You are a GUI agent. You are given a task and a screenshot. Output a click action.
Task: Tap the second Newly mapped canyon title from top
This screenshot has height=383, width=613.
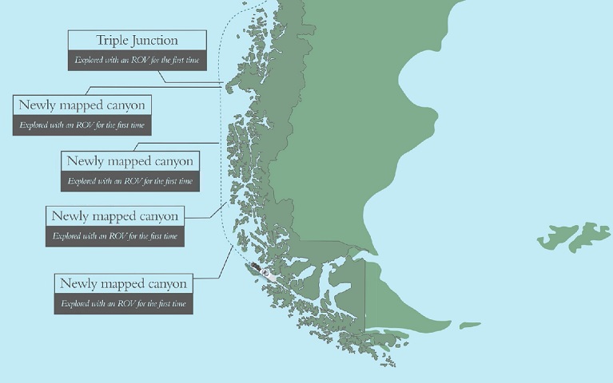tap(129, 160)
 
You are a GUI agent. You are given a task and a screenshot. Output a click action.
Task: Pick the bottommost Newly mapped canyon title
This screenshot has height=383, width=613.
tap(123, 283)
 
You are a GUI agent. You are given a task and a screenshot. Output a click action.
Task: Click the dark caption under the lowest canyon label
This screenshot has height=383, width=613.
tap(123, 303)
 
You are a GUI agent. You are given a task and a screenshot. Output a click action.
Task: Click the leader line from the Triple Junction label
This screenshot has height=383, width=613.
tap(192, 82)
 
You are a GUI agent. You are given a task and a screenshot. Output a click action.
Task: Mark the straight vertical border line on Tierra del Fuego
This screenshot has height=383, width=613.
tap(365, 295)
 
